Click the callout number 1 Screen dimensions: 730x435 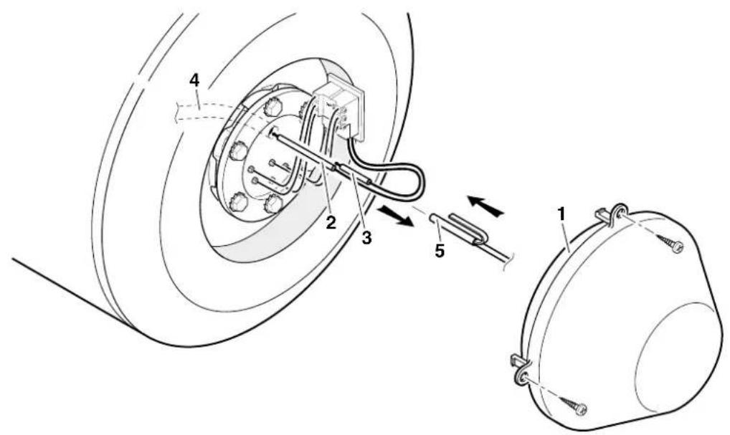click(561, 214)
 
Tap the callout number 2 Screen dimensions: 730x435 click(331, 223)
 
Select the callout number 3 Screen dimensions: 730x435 click(367, 238)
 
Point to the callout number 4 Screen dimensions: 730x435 click(194, 80)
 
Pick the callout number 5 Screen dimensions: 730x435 click(440, 251)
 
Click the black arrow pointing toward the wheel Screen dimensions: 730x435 click(485, 206)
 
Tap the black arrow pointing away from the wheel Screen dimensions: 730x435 click(395, 216)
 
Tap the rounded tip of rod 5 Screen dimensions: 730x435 click(432, 217)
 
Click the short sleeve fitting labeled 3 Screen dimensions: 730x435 click(354, 174)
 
